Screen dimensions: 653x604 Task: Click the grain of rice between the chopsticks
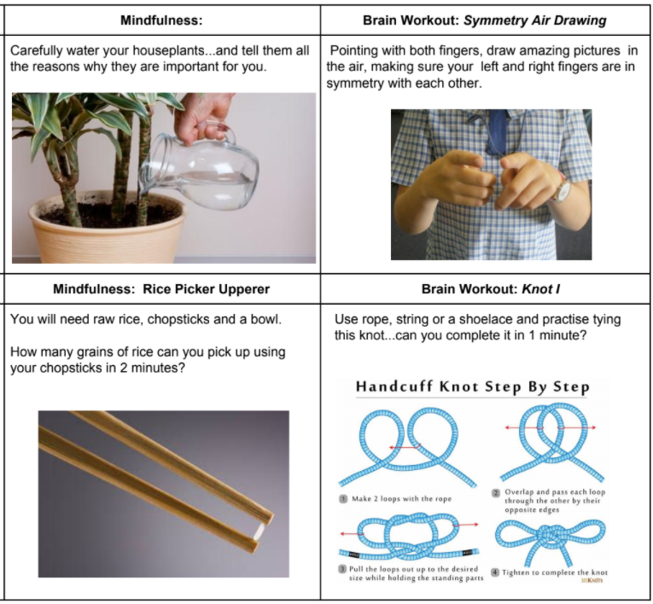pyautogui.click(x=259, y=531)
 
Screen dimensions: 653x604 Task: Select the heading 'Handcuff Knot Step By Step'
pyautogui.click(x=473, y=386)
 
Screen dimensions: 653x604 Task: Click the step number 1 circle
pyautogui.click(x=343, y=499)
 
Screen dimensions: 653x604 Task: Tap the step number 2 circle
pyautogui.click(x=496, y=493)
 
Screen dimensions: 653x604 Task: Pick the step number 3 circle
pyautogui.click(x=343, y=569)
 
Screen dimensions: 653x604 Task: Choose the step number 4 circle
pyautogui.click(x=495, y=572)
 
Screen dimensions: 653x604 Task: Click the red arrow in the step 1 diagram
pyautogui.click(x=405, y=447)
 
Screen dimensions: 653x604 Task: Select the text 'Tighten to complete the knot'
pyautogui.click(x=555, y=572)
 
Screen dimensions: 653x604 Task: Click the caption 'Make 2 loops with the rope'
pyautogui.click(x=401, y=499)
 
